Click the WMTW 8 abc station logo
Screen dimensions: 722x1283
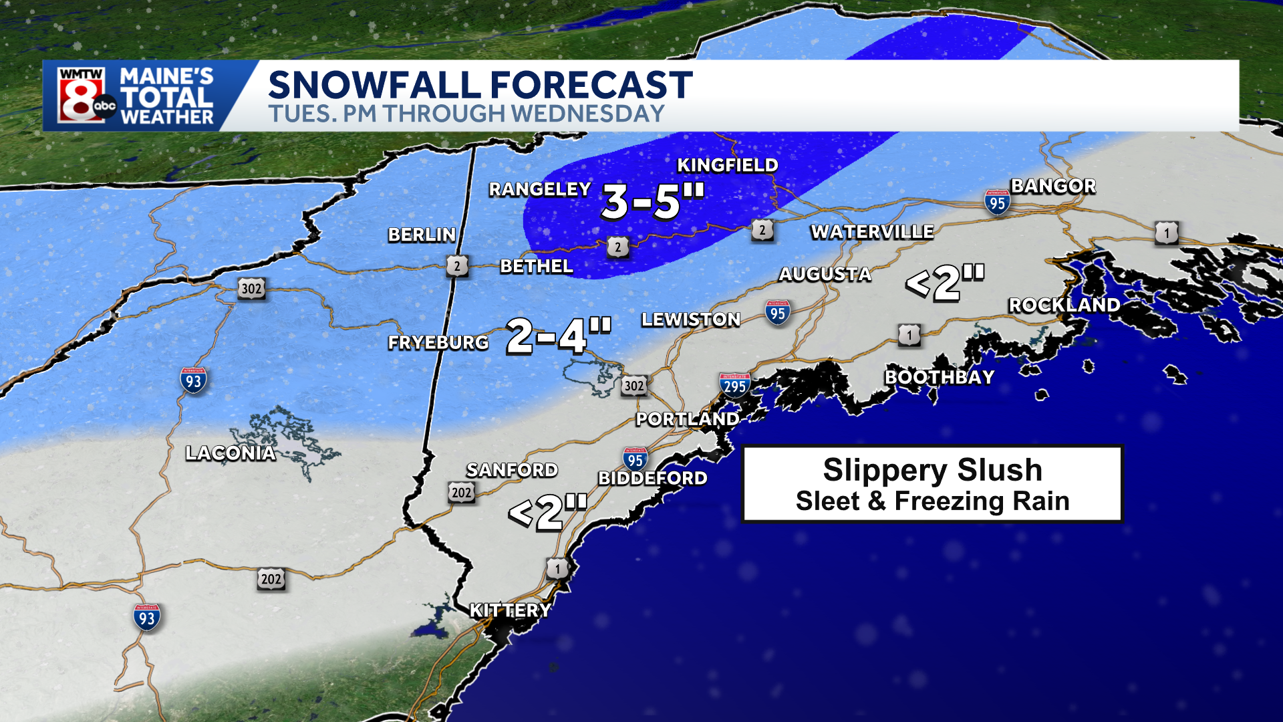86,96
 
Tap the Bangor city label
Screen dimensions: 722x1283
1053,186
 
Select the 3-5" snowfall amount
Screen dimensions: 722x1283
653,201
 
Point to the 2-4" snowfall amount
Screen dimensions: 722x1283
558,336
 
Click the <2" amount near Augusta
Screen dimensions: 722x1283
945,281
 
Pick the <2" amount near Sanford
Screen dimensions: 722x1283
547,512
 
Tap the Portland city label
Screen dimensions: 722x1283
688,419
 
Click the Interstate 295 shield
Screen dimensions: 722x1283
734,385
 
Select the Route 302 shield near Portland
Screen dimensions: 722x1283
633,386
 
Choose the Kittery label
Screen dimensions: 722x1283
511,610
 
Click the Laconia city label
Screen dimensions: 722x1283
231,453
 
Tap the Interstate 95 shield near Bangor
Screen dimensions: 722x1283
997,202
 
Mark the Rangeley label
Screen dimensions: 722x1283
540,190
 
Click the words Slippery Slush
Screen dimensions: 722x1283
932,469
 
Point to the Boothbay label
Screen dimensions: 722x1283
940,377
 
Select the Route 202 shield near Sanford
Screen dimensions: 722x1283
461,493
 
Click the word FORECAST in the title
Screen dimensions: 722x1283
591,85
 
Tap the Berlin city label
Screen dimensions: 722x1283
422,235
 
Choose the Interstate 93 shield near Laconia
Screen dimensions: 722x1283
193,381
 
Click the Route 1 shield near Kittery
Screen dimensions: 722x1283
557,569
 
